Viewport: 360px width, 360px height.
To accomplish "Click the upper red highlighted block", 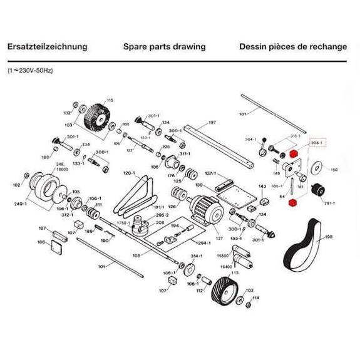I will pyautogui.click(x=294, y=153).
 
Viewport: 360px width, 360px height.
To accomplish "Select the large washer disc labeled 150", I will pyautogui.click(x=317, y=168).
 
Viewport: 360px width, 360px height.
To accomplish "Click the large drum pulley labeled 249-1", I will pyautogui.click(x=48, y=187).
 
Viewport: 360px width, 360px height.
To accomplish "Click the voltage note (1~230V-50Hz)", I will pyautogui.click(x=30, y=71).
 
